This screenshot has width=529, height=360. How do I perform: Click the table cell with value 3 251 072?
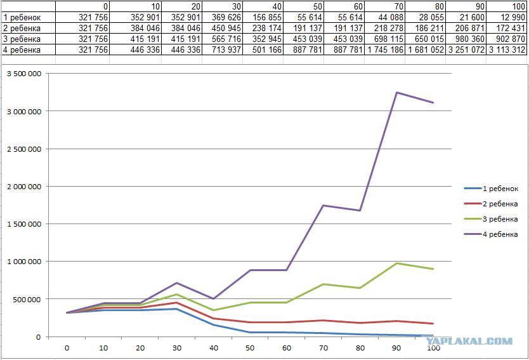466,50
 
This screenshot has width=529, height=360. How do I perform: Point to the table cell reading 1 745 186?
385,50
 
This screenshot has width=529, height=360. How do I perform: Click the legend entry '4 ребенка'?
500,234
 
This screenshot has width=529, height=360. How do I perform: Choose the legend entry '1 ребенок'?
500,189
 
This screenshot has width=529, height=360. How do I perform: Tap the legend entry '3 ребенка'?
500,219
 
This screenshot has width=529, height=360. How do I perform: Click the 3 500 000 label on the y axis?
24,74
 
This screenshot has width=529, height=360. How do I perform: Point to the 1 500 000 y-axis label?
24,224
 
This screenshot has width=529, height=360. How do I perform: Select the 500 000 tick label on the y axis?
28,299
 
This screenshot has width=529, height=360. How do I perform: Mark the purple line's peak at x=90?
397,93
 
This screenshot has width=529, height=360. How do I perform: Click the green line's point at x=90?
397,263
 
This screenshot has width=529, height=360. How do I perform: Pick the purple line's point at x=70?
323,205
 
